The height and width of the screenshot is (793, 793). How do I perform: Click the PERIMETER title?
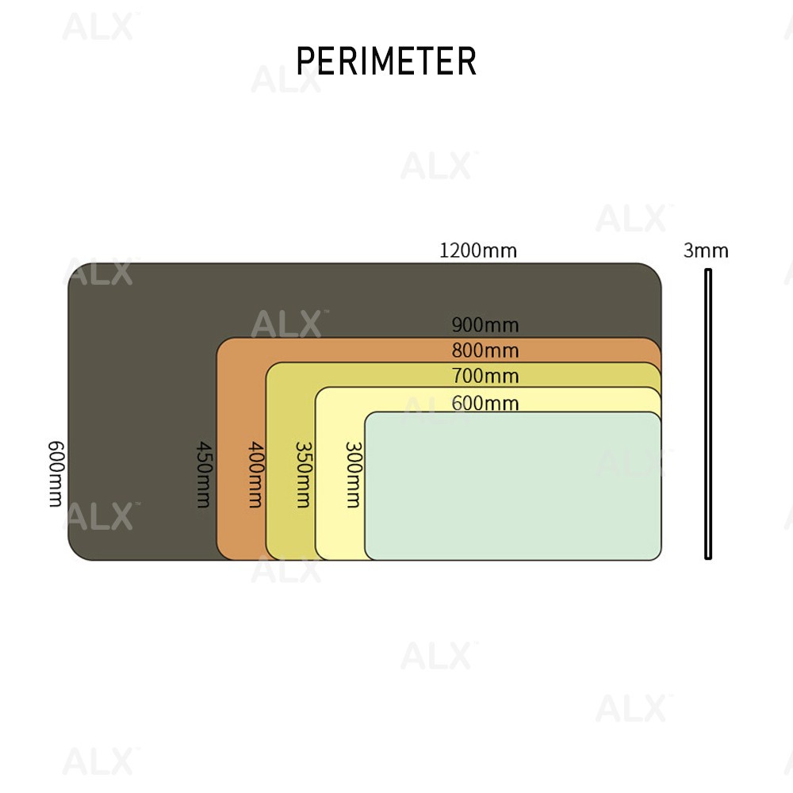coord(386,61)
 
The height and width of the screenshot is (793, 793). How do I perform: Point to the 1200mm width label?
coord(477,251)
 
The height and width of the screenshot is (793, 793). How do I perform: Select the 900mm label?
coord(485,324)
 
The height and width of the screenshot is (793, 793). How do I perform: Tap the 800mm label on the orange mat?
coord(485,350)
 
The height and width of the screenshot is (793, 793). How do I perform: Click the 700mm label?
coord(485,375)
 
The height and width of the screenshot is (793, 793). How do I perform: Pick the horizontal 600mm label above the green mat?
coord(485,403)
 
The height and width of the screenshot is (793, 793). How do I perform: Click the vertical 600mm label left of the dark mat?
coord(56,473)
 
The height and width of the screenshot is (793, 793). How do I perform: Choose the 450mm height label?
coord(203,473)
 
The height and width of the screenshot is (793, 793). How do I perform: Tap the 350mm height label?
coord(303,473)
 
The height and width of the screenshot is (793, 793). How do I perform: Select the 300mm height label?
coord(353,473)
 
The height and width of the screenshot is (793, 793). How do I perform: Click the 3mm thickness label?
coord(706,251)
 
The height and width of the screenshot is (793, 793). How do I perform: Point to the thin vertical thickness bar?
coord(708,412)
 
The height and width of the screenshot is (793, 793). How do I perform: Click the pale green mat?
coord(513,485)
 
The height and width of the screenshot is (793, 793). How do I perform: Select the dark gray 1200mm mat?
coord(143,396)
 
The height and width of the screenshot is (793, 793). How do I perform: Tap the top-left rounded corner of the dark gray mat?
coord(74,269)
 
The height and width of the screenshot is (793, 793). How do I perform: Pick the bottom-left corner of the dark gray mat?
coord(74,554)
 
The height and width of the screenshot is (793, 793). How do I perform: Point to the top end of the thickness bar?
coord(708,271)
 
